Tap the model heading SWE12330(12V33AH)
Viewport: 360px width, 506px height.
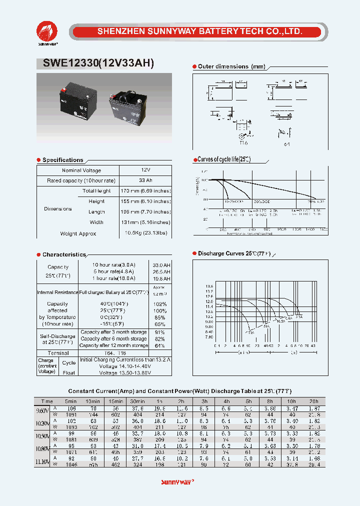pyautogui.click(x=95, y=63)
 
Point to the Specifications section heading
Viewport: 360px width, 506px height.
pyautogui.click(x=62, y=160)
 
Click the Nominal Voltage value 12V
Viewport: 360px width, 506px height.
pyautogui.click(x=146, y=170)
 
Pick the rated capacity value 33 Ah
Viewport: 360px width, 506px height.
pyautogui.click(x=146, y=180)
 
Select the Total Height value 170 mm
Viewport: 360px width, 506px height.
pyautogui.click(x=146, y=191)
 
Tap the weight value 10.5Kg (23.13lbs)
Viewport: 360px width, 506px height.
pyautogui.click(x=146, y=233)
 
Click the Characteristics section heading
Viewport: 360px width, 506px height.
pyautogui.click(x=64, y=254)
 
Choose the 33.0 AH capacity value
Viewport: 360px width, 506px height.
pyautogui.click(x=161, y=264)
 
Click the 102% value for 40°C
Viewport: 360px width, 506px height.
pyautogui.click(x=160, y=304)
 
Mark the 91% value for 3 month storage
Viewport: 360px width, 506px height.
pyautogui.click(x=160, y=332)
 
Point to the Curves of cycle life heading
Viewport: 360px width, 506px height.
pyautogui.click(x=223, y=159)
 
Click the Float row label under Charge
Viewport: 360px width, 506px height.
pyautogui.click(x=68, y=372)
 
